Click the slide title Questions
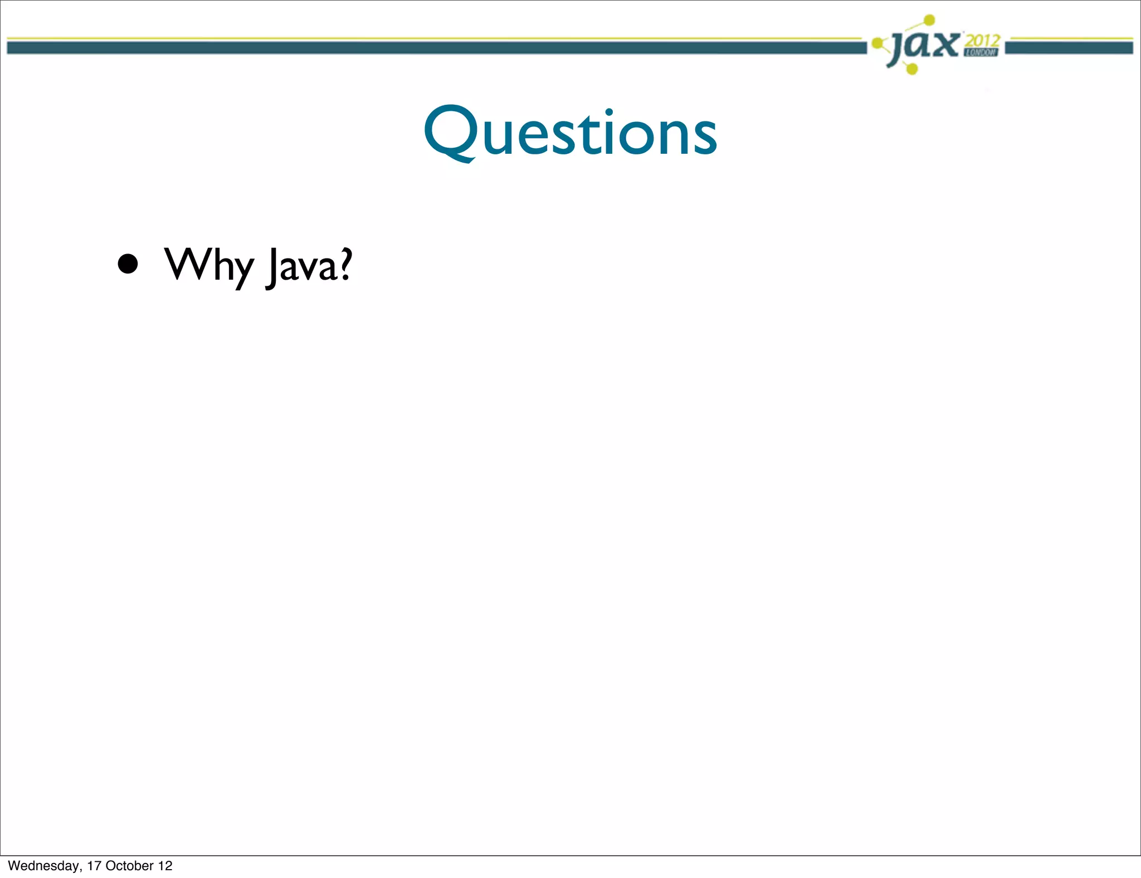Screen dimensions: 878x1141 coord(570,133)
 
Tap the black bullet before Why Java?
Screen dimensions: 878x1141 coord(128,264)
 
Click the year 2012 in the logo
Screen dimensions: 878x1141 coord(983,41)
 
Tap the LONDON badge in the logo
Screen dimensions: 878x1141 coord(981,52)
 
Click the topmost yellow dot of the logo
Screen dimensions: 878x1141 coord(929,21)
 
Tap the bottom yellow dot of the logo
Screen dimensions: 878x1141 coord(912,69)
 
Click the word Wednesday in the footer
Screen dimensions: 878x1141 coord(43,865)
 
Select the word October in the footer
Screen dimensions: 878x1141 coord(129,865)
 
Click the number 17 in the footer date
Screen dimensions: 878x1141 coord(94,865)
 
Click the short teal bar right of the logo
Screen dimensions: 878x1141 coord(1069,48)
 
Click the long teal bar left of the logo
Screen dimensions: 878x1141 coord(435,48)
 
